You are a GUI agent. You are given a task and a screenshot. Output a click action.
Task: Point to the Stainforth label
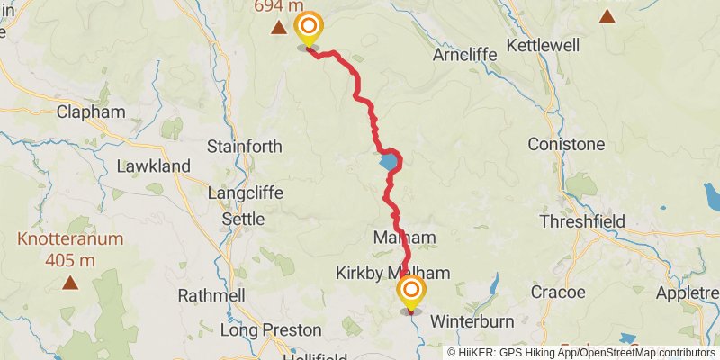click(x=244, y=146)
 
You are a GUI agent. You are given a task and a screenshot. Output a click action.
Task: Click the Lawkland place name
click(x=153, y=166)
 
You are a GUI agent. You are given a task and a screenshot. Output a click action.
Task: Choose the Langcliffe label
click(x=245, y=193)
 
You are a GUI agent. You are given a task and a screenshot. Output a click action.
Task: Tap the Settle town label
click(x=243, y=219)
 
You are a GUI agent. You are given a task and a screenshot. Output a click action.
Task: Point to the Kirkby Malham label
click(x=393, y=273)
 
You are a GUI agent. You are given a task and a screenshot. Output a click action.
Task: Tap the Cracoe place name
click(x=558, y=292)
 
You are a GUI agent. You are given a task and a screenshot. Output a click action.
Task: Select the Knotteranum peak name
click(x=69, y=240)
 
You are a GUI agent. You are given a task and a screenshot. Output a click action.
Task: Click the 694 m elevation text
click(x=277, y=5)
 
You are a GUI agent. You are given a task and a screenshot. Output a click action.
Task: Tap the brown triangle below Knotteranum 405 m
click(x=69, y=283)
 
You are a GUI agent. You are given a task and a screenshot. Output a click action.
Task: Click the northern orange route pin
click(x=308, y=27)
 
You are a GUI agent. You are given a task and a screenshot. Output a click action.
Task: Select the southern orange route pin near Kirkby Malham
click(x=411, y=292)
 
